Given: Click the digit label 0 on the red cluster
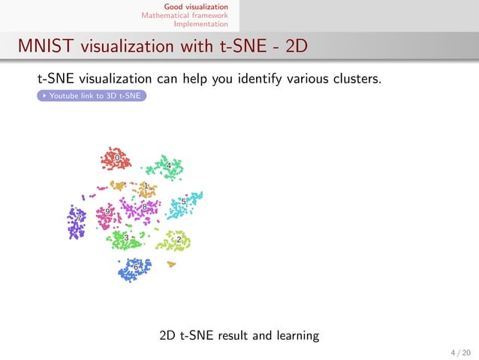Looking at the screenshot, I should [116, 158].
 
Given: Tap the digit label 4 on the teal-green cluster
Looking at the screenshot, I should [169, 165].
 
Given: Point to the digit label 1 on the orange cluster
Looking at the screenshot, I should [145, 186].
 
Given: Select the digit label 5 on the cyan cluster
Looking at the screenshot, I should [183, 201].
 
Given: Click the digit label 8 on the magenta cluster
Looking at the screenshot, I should [144, 207].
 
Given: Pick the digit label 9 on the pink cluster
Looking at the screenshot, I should [108, 212].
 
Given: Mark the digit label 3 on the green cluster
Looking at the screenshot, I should [126, 238].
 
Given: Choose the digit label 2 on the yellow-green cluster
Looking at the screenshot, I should [179, 239].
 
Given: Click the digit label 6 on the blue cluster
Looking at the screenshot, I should [136, 267].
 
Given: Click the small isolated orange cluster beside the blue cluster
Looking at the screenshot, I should [171, 264].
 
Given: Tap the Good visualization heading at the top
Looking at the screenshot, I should [196, 7].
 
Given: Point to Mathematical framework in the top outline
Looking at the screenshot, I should [185, 15].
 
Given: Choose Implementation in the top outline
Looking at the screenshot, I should [200, 23].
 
